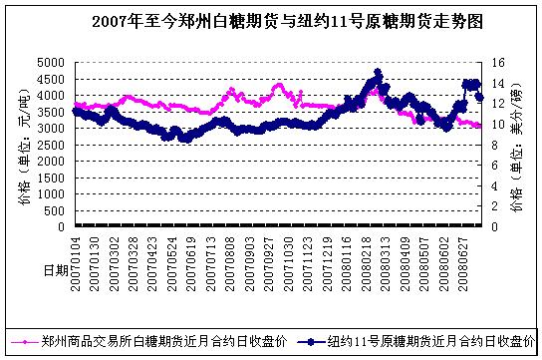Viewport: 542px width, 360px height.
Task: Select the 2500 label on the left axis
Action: pos(54,145)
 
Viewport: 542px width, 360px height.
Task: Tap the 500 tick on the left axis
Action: pos(58,210)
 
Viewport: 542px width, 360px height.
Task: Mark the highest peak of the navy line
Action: pos(378,73)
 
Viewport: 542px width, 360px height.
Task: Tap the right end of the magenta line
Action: pos(481,126)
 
